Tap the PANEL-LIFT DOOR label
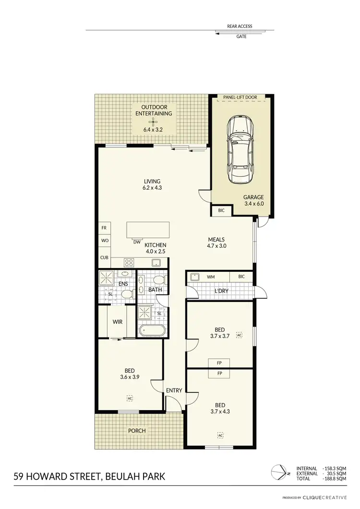coord(240,97)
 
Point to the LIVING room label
coord(152,182)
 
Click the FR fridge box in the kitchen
coord(104,228)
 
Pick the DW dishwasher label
coord(137,242)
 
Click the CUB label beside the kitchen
coord(104,258)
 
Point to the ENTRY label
coord(174,390)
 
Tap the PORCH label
coord(137,430)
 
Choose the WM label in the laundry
coord(210,277)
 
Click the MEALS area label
coord(216,239)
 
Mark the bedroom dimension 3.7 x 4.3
coord(220,412)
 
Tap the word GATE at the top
coord(241,36)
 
